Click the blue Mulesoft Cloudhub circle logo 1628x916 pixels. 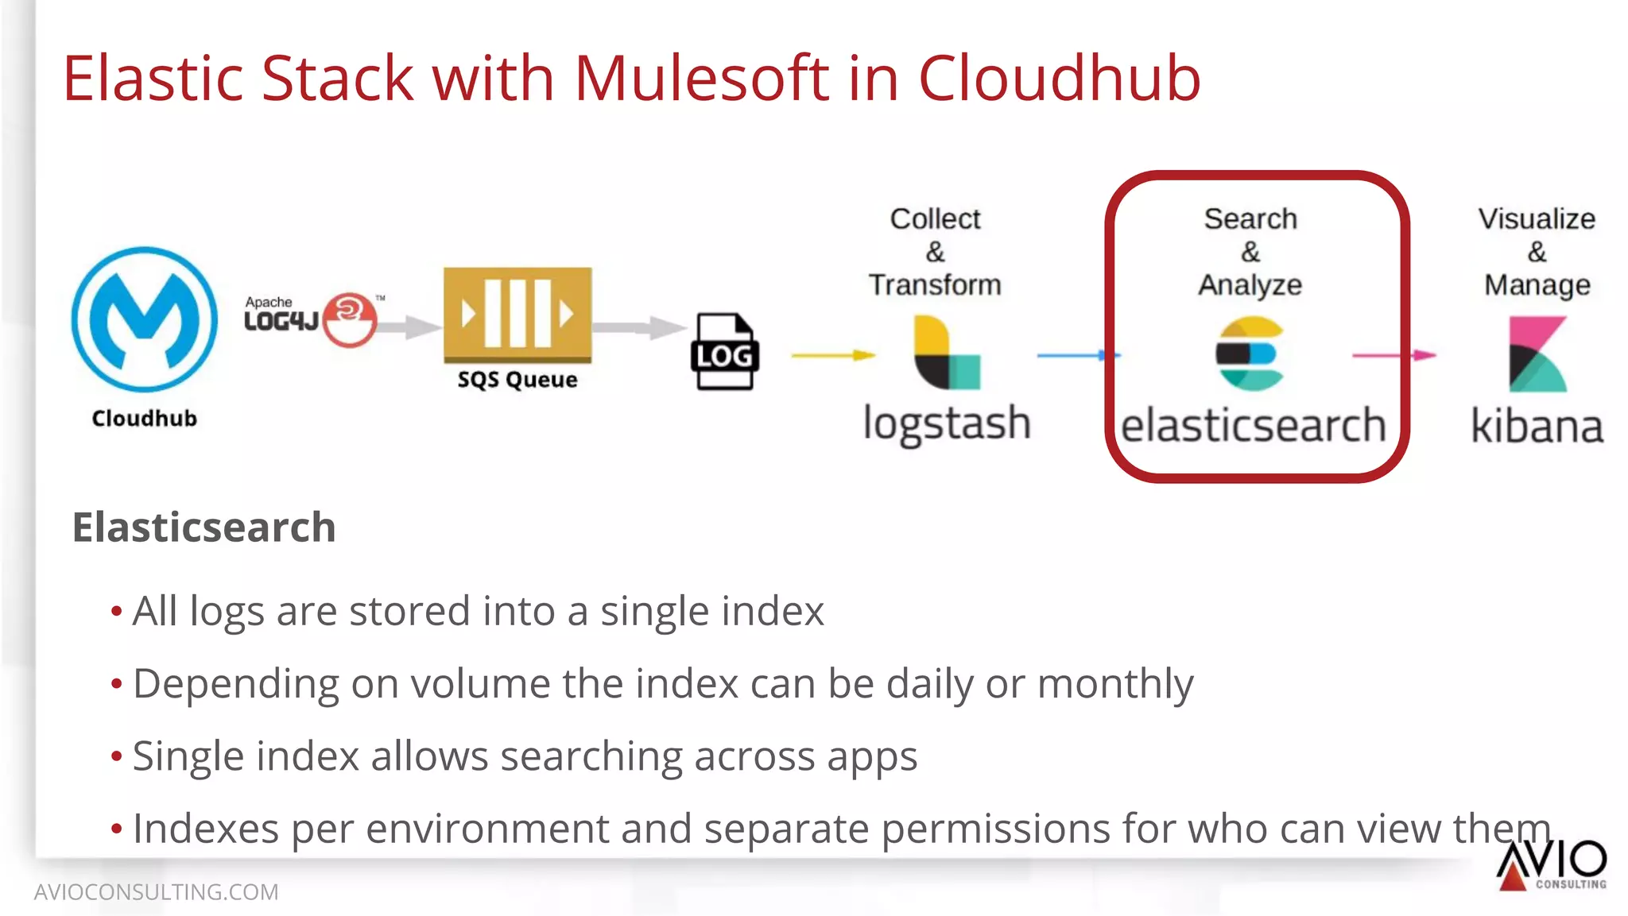[144, 319]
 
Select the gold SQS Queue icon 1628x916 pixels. [517, 315]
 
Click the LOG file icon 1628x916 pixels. [724, 352]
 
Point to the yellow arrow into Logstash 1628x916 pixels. [832, 355]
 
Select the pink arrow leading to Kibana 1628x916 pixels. [1393, 355]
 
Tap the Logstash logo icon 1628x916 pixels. [947, 353]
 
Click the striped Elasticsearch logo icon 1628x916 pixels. [1250, 354]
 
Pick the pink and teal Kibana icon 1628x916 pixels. [1537, 354]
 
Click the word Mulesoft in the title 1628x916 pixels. [701, 79]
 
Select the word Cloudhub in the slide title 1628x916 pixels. [1059, 79]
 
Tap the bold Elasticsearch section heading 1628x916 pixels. [204, 528]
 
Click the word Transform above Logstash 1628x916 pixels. [935, 284]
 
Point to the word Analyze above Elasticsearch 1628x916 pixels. [1250, 284]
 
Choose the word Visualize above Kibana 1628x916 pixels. [1537, 218]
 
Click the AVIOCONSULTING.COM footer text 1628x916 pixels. [157, 892]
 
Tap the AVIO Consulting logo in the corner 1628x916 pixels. [1551, 864]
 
